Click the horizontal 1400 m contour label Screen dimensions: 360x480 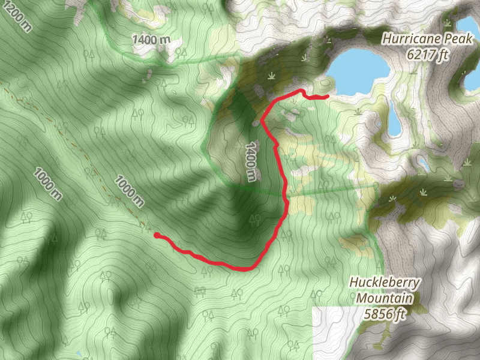click(x=151, y=40)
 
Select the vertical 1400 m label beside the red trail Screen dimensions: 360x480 click(x=250, y=161)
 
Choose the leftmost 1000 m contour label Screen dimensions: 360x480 click(x=47, y=183)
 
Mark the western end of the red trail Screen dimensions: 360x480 click(x=157, y=236)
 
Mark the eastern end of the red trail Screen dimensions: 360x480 click(x=328, y=96)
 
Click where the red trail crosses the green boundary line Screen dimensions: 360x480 click(x=286, y=195)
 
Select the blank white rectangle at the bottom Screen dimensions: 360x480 click(x=336, y=333)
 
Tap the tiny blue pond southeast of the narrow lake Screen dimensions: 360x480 click(x=424, y=163)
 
